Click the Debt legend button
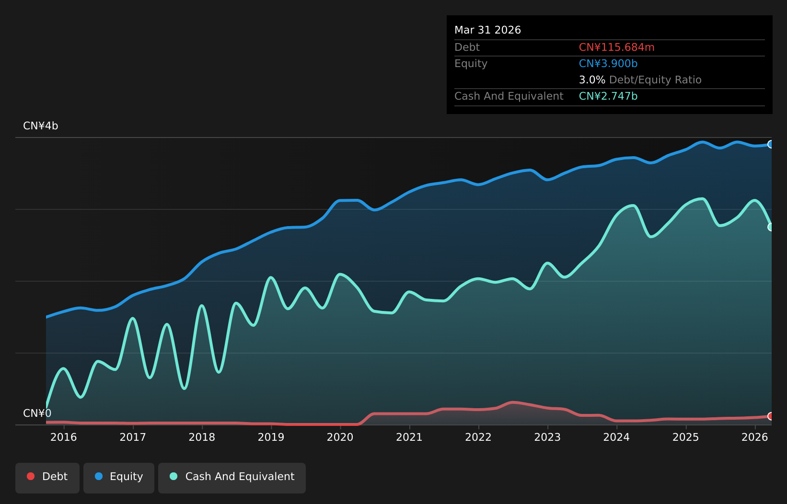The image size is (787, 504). click(x=47, y=478)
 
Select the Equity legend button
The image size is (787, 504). click(x=119, y=478)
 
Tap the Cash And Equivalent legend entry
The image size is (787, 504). click(x=232, y=478)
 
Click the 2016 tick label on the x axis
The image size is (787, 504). click(x=64, y=437)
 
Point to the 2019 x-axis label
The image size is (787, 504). click(x=271, y=437)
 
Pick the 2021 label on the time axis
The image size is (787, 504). click(x=409, y=437)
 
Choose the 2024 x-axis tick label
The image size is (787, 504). click(x=616, y=437)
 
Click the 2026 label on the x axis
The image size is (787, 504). click(x=755, y=437)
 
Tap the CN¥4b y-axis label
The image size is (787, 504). click(x=40, y=126)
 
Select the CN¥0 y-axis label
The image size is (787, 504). click(x=37, y=413)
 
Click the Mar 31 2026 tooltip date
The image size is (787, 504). click(x=487, y=30)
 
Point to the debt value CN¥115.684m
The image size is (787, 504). click(x=616, y=47)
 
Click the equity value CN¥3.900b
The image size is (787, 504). click(x=608, y=64)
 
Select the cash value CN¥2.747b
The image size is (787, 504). click(x=608, y=96)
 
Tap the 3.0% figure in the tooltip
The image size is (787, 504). click(x=592, y=80)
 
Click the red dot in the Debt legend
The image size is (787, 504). click(x=31, y=476)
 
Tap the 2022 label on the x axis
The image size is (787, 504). click(x=478, y=437)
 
